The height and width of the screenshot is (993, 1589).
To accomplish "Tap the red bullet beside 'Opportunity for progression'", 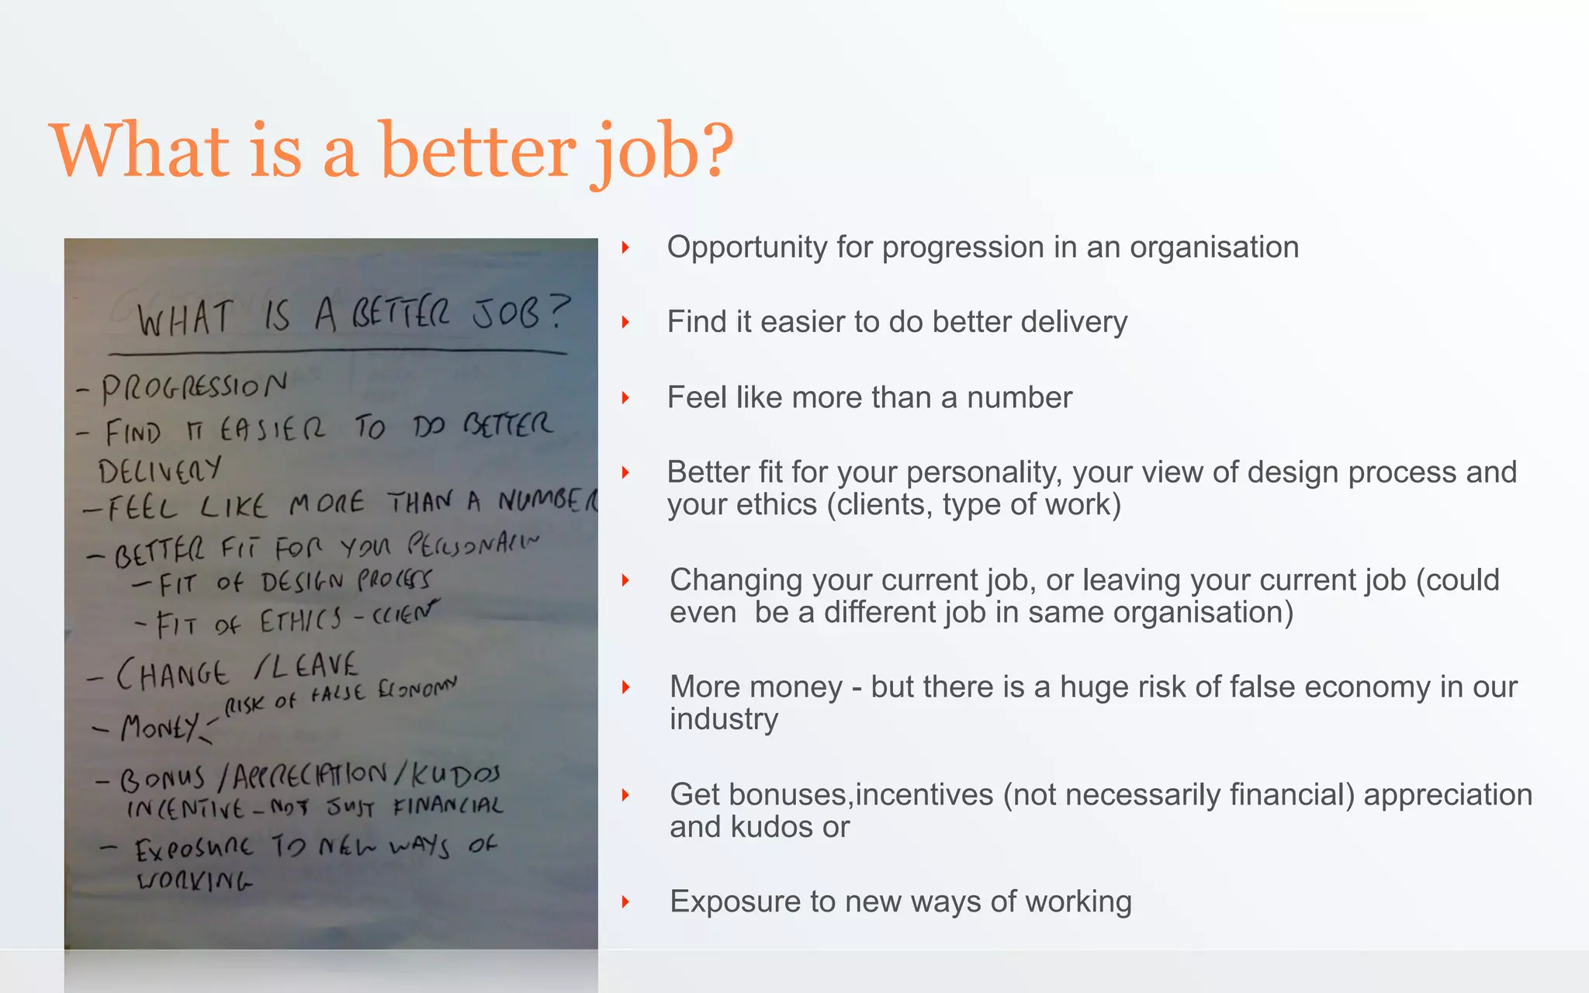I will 625,247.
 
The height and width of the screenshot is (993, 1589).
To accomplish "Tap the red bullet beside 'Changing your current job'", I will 625,580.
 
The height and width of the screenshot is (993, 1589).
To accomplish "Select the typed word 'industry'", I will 724,718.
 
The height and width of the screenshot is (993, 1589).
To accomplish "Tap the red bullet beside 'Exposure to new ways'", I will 625,901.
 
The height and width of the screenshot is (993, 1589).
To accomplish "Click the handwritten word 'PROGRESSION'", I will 194,386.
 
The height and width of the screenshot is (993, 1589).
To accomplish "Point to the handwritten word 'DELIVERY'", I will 159,470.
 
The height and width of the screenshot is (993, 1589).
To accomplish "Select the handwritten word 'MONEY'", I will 159,727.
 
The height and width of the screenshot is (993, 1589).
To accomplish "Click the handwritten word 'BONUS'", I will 162,778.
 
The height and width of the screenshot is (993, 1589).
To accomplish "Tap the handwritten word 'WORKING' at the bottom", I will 194,881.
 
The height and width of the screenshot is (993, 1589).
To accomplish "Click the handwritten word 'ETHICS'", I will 300,620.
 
